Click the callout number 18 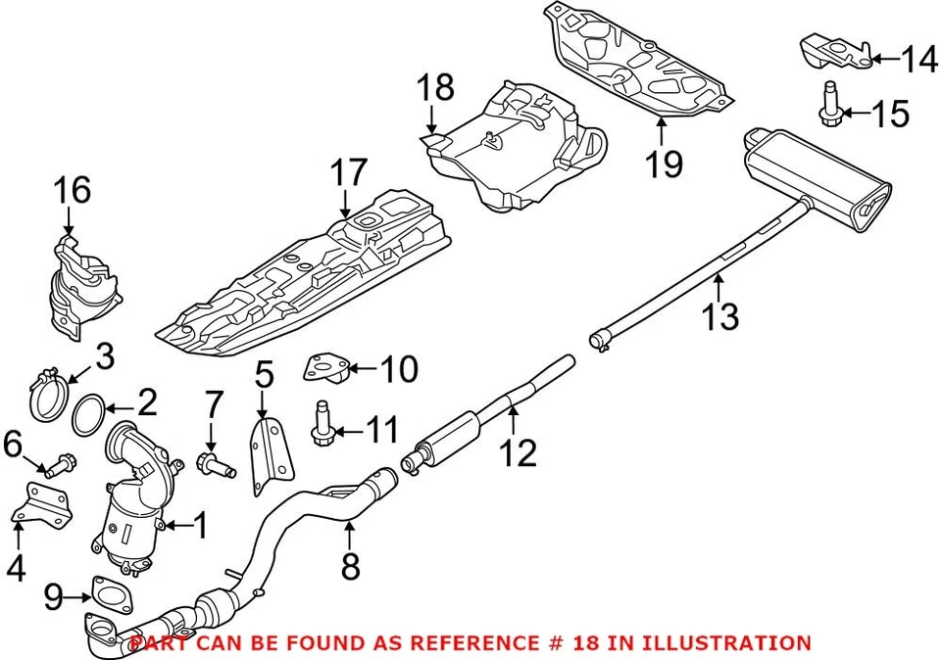click(436, 89)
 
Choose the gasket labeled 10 click(326, 368)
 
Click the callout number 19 click(665, 163)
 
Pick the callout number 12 click(519, 452)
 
